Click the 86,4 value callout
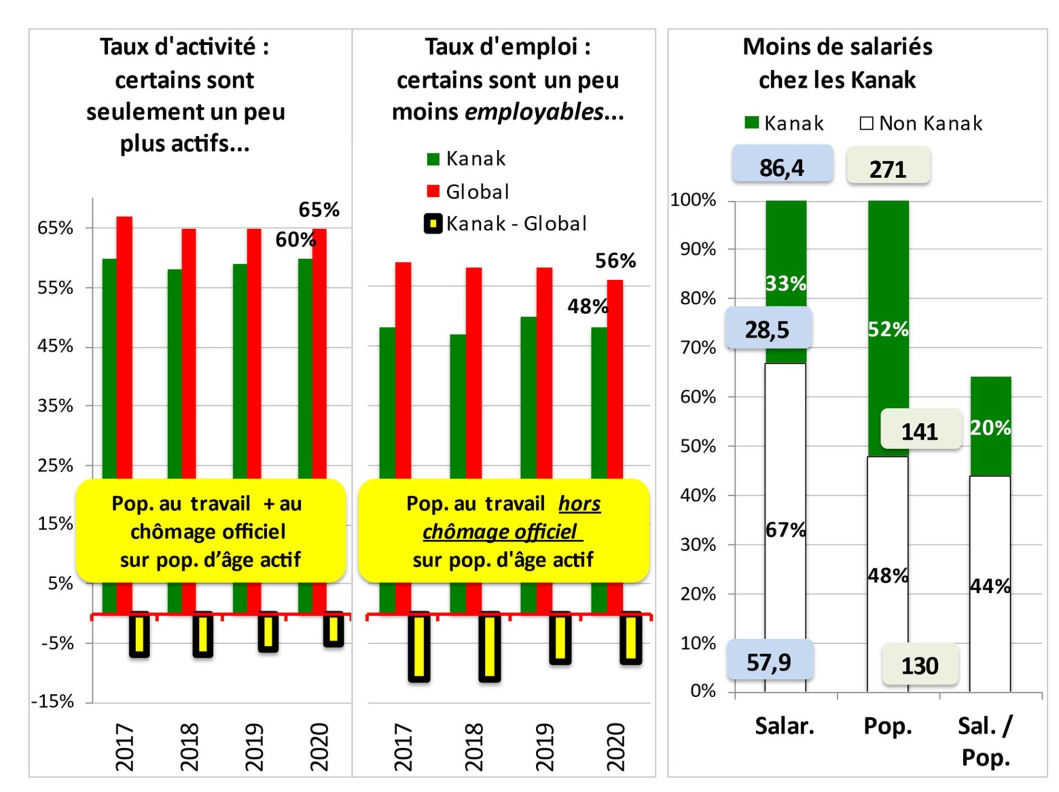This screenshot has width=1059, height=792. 782,167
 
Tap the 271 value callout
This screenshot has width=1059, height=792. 888,169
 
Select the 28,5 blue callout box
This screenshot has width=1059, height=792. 768,329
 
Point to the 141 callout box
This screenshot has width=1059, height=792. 920,430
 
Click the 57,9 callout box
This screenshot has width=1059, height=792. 769,662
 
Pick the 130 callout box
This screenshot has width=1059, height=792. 920,665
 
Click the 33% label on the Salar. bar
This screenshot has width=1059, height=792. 786,283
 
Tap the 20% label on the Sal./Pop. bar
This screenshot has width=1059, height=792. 990,427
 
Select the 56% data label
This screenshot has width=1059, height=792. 616,260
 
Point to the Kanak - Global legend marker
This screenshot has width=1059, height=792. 433,224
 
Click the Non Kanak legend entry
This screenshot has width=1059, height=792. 921,123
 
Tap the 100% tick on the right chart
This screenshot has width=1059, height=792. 693,199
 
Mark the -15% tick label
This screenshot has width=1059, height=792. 52,701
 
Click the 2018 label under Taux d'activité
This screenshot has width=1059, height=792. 189,746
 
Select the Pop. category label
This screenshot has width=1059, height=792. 888,726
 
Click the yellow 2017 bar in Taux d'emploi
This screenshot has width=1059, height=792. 419,647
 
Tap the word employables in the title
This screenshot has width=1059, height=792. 534,112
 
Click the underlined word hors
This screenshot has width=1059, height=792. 579,504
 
